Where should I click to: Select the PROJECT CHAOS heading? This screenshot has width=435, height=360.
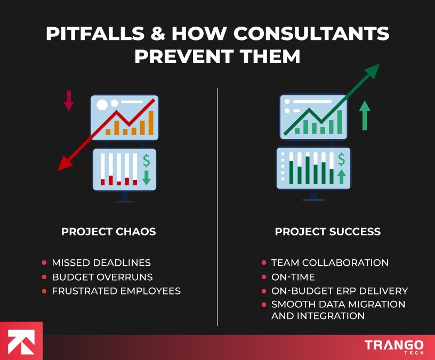[x=109, y=232]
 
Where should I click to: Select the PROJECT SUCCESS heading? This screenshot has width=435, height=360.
[x=328, y=232]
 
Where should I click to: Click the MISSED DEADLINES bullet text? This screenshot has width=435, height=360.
[x=101, y=263]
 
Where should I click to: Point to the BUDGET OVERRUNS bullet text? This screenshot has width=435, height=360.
[x=102, y=277]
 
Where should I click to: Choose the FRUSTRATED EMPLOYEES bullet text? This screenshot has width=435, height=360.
[x=116, y=291]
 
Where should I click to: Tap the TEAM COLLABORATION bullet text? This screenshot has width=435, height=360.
[x=330, y=263]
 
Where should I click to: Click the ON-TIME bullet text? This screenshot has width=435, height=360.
[x=293, y=277]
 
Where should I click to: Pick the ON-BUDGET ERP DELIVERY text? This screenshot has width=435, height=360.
[x=340, y=291]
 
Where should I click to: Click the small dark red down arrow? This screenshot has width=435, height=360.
[x=68, y=100]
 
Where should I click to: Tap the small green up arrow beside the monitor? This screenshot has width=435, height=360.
[x=365, y=115]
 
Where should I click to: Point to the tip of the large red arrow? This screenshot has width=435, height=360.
[x=58, y=170]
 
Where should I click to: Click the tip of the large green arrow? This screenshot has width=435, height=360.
[x=378, y=65]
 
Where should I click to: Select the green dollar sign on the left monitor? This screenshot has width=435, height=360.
[x=146, y=160]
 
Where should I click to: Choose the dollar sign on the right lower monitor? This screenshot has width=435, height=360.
[x=341, y=159]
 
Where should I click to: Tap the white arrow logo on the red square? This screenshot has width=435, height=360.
[x=21, y=341]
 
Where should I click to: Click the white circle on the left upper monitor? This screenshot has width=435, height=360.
[x=102, y=104]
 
